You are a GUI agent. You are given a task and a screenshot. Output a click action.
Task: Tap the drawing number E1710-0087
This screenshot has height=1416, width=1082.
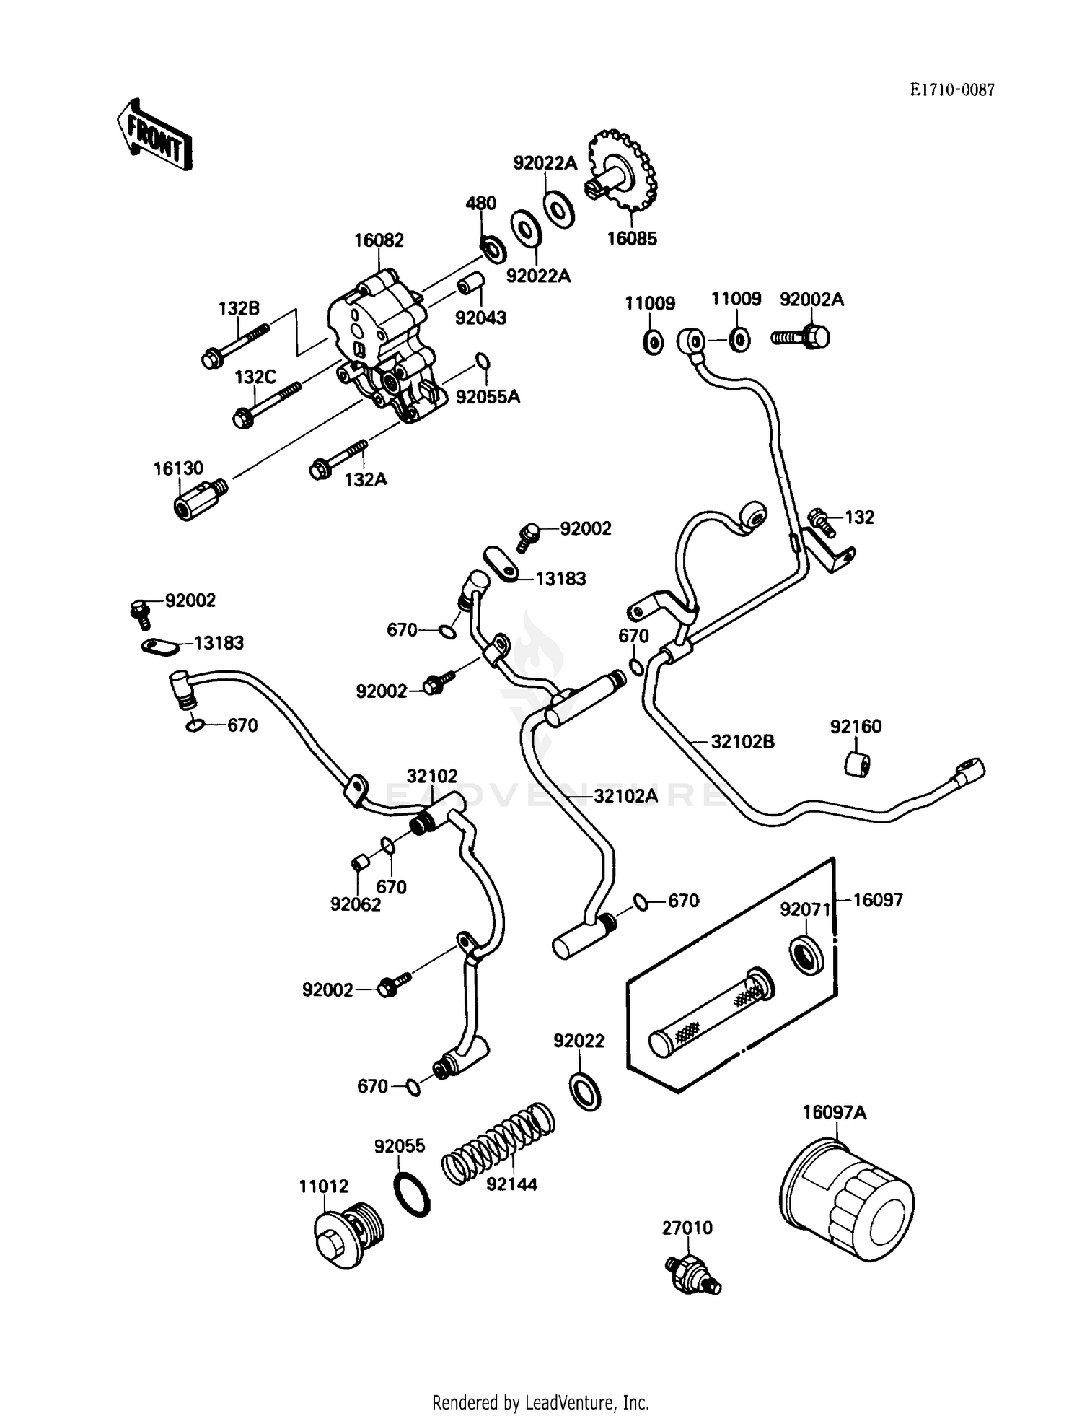pos(951,89)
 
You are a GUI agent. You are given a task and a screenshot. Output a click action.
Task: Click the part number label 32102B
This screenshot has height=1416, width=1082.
pos(742,741)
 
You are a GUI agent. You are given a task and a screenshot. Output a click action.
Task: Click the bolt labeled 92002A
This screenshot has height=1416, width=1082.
pos(801,336)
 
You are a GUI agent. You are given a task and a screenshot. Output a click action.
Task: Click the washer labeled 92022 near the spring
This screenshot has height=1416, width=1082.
pos(586,1092)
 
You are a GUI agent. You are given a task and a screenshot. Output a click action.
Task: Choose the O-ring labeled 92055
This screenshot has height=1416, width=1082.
pos(413,1195)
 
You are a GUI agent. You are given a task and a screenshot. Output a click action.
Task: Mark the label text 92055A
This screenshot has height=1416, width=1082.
pos(488,396)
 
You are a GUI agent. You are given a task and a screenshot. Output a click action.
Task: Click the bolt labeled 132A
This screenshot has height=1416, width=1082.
pos(339,459)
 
